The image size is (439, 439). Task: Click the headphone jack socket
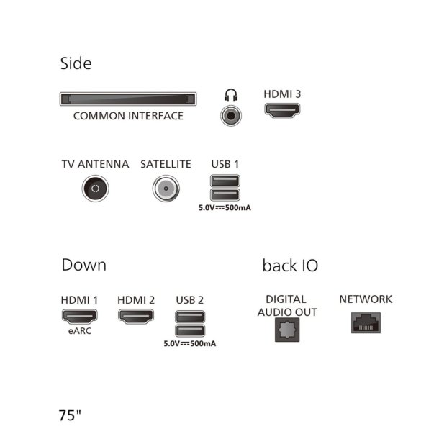tap(231, 116)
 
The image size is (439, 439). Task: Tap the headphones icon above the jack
tap(231, 95)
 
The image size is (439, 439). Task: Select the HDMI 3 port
tap(282, 110)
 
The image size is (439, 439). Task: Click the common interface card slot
tap(128, 99)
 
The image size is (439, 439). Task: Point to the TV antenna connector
tap(95, 189)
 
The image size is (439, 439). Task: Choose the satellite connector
tap(166, 189)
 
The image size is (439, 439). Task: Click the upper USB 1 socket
tap(225, 181)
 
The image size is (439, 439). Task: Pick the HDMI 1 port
tap(79, 317)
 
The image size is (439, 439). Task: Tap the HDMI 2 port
tap(136, 317)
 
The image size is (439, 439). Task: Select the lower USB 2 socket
tap(190, 330)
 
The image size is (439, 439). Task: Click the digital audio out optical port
tap(287, 330)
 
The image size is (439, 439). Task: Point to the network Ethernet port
tap(366, 323)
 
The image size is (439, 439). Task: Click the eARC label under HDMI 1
tap(79, 331)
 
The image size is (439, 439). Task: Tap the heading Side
tap(76, 63)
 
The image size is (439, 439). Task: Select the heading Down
tap(84, 265)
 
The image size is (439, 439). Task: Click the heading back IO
tap(290, 266)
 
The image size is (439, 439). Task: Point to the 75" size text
tap(70, 415)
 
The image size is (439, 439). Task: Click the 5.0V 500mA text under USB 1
tap(225, 208)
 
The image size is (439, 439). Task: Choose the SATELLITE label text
tap(166, 164)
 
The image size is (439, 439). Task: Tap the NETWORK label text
tap(366, 299)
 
